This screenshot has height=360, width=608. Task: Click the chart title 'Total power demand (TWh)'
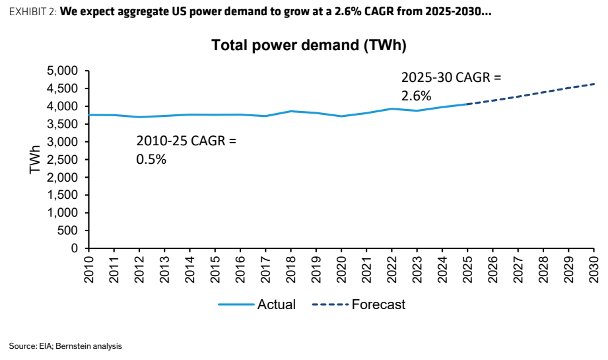(x=309, y=45)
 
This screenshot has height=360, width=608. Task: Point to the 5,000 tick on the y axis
(x=63, y=71)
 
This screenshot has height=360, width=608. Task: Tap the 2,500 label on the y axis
(x=63, y=159)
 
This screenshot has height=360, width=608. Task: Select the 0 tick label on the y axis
(x=75, y=248)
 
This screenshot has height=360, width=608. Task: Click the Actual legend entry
(x=257, y=305)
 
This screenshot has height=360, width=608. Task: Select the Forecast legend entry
(x=358, y=305)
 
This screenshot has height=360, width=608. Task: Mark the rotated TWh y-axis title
(x=35, y=159)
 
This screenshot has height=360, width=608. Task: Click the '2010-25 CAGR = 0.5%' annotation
(x=186, y=150)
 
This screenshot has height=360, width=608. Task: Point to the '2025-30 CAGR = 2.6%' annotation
(x=451, y=87)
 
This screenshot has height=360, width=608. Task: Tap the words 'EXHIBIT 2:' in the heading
(x=33, y=12)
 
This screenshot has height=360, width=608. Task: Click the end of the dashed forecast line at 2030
(x=594, y=84)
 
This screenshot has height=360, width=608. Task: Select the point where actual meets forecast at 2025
(x=467, y=104)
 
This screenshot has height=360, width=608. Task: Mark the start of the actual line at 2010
(x=89, y=115)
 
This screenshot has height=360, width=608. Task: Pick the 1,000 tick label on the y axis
(x=63, y=213)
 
